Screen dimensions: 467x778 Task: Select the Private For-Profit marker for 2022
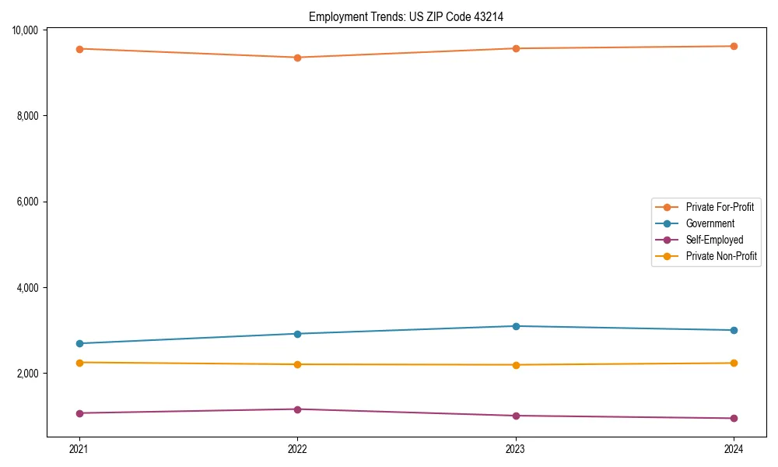[x=297, y=58]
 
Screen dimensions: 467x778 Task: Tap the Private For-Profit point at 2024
[x=734, y=46]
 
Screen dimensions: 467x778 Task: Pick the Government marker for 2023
[x=516, y=326]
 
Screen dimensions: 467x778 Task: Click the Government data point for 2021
[x=79, y=343]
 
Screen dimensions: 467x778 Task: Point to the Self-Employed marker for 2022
[x=297, y=409]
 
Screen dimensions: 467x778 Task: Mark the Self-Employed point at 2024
[x=734, y=419]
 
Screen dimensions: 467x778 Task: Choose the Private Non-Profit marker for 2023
[x=516, y=365]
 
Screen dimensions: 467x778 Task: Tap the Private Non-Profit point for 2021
[x=79, y=363]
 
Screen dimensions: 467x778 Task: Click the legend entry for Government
[x=710, y=223]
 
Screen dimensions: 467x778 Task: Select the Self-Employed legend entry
[x=714, y=240]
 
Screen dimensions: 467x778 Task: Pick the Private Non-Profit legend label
[x=721, y=256]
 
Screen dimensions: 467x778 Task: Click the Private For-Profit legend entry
[x=720, y=207]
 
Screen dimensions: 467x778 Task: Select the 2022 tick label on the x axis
[x=297, y=448]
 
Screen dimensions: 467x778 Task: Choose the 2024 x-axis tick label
[x=734, y=448]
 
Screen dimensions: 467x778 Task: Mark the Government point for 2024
[x=734, y=330]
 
